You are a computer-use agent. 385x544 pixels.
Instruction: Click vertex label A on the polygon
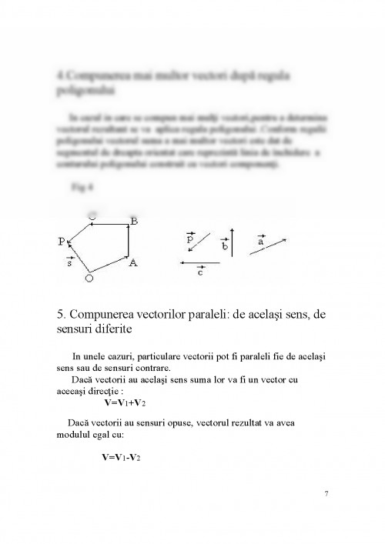(x=133, y=263)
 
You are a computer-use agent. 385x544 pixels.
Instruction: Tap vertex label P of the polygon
(x=60, y=241)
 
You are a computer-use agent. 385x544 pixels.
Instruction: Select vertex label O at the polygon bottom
(x=89, y=279)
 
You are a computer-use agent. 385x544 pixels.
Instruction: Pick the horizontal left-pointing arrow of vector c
(x=199, y=263)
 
